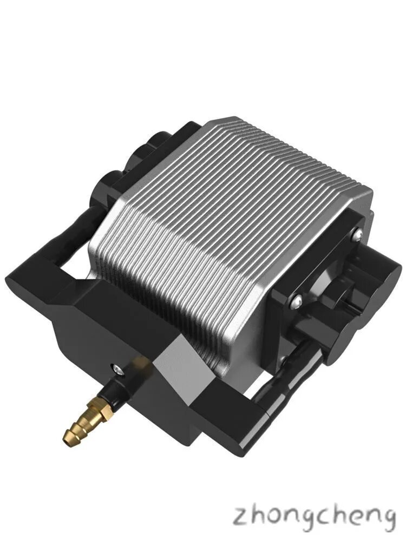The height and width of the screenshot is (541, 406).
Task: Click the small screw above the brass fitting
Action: click(x=117, y=369)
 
